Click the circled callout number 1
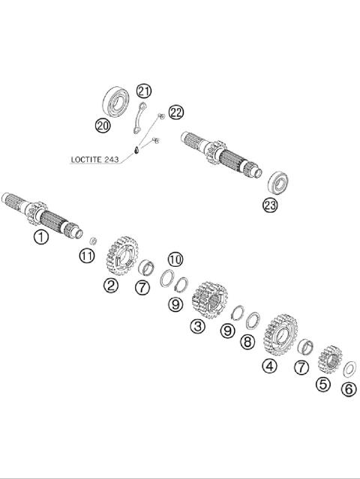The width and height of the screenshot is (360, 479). click(x=40, y=237)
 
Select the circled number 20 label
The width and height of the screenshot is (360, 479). click(x=103, y=125)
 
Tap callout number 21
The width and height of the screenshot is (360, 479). click(x=143, y=91)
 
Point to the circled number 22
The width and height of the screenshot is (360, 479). click(x=175, y=112)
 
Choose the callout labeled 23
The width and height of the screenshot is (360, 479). click(x=269, y=205)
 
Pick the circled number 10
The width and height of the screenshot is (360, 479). click(x=174, y=259)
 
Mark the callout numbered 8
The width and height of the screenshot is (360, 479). click(x=247, y=342)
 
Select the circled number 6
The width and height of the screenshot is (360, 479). click(x=348, y=388)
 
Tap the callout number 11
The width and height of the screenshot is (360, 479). click(x=87, y=257)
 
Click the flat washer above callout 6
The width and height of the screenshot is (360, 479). click(x=348, y=369)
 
